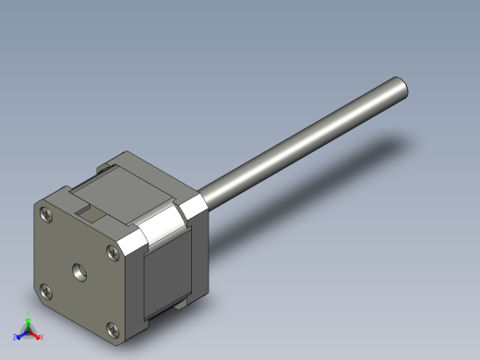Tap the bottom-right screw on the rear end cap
click(x=113, y=328)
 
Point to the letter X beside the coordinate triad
click(x=42, y=337)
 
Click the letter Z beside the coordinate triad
click(x=15, y=338)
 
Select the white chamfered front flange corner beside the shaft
click(x=196, y=207)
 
